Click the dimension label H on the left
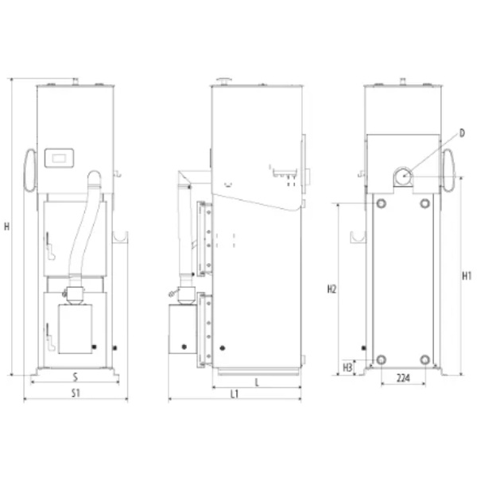pyautogui.click(x=6, y=227)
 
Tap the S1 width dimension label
pyautogui.click(x=76, y=393)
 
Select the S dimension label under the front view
pyautogui.click(x=76, y=377)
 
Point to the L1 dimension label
pyautogui.click(x=235, y=394)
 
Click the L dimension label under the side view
pyautogui.click(x=257, y=382)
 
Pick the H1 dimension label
pyautogui.click(x=467, y=276)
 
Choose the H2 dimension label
pyautogui.click(x=332, y=289)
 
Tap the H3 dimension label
pyautogui.click(x=347, y=367)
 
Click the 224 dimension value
pyautogui.click(x=403, y=378)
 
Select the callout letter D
pyautogui.click(x=462, y=133)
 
